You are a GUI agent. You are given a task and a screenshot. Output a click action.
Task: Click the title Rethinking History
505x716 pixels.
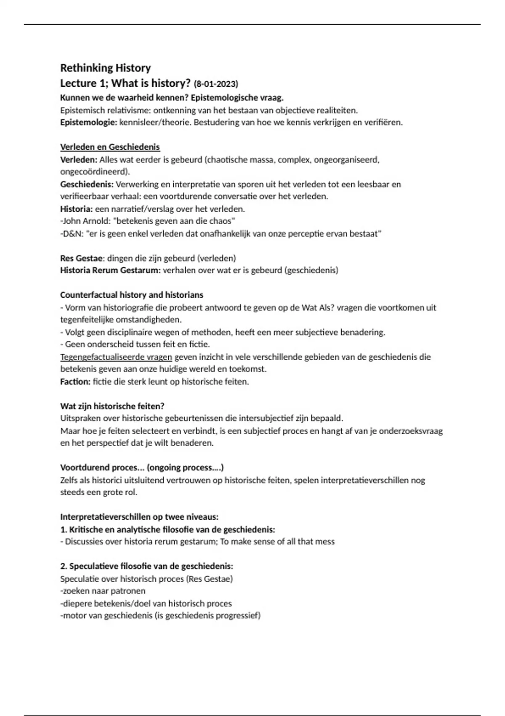105,68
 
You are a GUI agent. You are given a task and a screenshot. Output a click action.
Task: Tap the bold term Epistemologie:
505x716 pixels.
88,123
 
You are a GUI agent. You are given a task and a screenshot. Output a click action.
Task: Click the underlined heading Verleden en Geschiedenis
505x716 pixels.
110,147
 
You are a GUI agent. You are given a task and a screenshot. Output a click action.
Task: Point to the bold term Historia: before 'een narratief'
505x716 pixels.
76,209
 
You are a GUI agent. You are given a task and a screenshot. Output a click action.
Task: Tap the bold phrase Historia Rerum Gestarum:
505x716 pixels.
110,270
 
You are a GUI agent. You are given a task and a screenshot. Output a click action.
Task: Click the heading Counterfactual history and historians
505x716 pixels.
131,295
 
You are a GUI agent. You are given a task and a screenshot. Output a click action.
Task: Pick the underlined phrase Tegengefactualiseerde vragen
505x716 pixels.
116,357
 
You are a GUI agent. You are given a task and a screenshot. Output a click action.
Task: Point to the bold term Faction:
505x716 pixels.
75,382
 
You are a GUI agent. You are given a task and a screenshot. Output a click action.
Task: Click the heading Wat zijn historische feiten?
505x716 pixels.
112,406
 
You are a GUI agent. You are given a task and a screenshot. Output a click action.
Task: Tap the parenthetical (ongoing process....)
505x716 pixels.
185,468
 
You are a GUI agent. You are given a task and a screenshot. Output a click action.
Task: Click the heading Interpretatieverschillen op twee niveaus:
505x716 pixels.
139,517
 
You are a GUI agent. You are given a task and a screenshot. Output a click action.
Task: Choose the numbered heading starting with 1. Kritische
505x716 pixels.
167,529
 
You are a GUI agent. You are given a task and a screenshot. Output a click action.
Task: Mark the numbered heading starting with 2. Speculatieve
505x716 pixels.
146,566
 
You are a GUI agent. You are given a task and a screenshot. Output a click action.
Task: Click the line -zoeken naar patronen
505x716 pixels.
103,591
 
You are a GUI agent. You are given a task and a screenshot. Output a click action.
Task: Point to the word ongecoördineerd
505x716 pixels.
94,172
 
